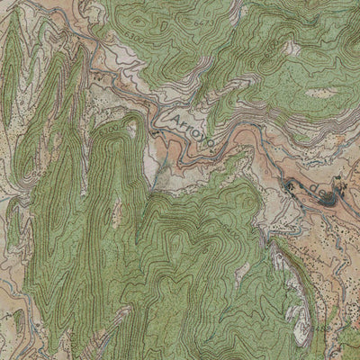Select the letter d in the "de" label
click(310, 188)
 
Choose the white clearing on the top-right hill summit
click(292, 49)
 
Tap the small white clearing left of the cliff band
click(241, 270)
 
